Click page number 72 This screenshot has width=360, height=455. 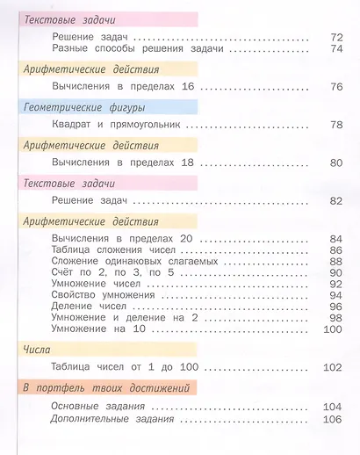click(x=335, y=37)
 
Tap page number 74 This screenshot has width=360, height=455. click(x=335, y=49)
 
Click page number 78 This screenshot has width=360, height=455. click(x=335, y=126)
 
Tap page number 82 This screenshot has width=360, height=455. click(x=335, y=200)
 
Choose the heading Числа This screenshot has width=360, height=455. click(x=39, y=349)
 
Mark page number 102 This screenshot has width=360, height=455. click(x=331, y=369)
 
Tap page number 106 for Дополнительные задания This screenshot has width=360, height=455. click(x=331, y=419)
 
